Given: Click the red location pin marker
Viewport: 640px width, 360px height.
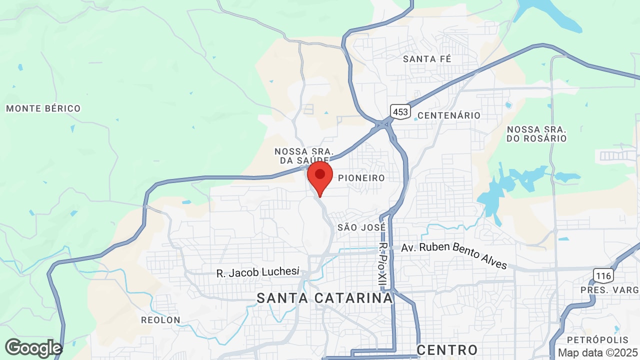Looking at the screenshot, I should tap(320, 176).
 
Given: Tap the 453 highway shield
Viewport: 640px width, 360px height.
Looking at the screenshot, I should tap(400, 111).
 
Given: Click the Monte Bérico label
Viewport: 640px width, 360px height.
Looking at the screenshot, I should tap(43, 108).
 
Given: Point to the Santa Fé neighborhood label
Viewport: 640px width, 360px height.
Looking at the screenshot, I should tap(427, 59).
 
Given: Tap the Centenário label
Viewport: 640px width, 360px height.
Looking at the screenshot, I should tap(448, 115).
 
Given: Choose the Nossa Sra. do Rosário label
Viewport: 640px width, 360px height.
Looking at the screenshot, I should tap(536, 133).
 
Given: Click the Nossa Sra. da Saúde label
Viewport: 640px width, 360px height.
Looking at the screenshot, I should tap(304, 155).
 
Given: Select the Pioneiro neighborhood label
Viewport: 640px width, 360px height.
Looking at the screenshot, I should tap(361, 178).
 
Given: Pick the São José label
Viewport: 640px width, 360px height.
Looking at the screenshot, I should tap(361, 227).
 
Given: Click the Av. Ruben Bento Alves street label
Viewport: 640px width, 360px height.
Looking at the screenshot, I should tap(454, 254).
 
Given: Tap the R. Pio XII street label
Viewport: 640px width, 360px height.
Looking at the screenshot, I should tap(383, 265).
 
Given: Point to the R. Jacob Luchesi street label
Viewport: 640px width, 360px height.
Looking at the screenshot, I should tap(258, 272).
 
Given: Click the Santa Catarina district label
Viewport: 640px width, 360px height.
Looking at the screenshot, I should tap(325, 298).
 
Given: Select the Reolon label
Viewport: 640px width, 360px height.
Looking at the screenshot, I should tap(160, 320).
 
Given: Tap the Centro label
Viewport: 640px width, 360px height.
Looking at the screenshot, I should tap(447, 349).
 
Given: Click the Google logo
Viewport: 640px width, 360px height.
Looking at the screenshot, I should tap(33, 348).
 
